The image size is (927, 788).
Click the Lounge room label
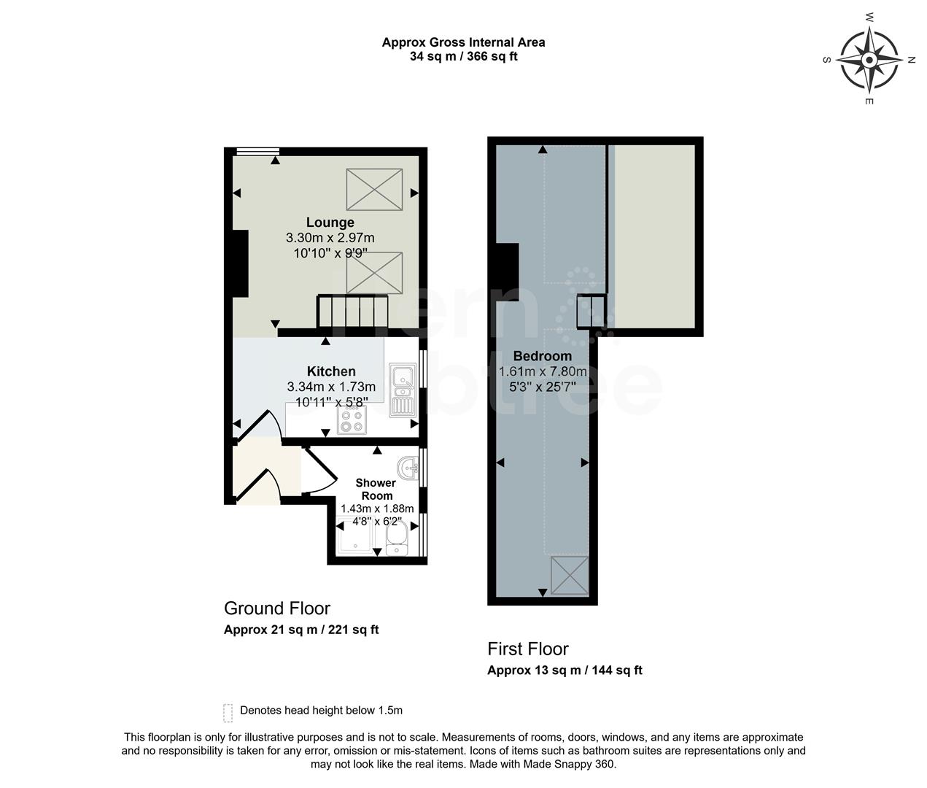coord(330,223)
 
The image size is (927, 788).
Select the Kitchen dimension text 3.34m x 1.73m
coord(331,387)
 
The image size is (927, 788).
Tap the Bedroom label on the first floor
coord(542,356)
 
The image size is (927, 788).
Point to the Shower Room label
coord(376,489)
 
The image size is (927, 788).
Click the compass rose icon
coord(869,59)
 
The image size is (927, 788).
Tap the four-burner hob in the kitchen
coord(352,420)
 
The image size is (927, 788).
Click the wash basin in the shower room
coord(408,467)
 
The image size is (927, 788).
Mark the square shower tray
coord(353,537)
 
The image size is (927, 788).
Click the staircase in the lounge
coord(350,312)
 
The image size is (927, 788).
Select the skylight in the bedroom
coord(569,575)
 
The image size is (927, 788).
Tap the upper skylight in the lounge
coord(374,189)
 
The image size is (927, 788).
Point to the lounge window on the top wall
coord(257,152)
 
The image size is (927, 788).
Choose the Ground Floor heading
coord(276,608)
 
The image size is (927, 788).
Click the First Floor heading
coord(527,649)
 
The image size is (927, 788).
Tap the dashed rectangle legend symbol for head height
coord(228,711)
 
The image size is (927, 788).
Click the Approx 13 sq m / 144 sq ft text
coord(564,671)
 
